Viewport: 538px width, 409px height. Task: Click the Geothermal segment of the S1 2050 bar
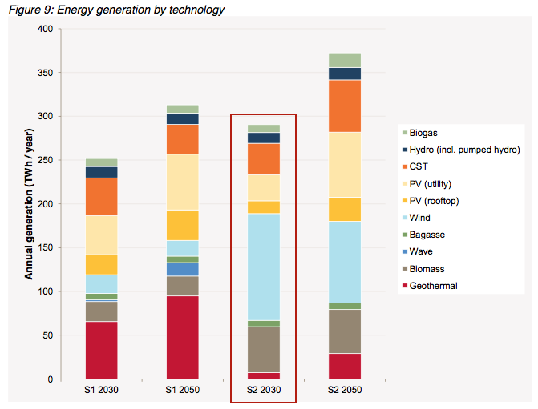click(x=183, y=337)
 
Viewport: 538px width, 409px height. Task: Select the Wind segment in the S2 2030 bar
click(x=264, y=267)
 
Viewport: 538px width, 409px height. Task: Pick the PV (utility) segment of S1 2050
click(x=183, y=182)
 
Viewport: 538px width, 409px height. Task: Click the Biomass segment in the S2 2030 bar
click(x=264, y=349)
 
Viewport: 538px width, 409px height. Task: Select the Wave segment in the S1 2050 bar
click(x=183, y=269)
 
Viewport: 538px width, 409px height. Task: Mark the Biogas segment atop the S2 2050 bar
click(x=345, y=60)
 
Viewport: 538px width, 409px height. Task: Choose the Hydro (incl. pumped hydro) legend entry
click(x=460, y=150)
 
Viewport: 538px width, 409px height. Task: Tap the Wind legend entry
click(x=420, y=218)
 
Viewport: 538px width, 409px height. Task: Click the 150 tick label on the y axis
click(x=45, y=248)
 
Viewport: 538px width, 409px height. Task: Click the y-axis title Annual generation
click(x=29, y=203)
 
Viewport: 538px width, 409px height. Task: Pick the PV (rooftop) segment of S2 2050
click(x=345, y=209)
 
